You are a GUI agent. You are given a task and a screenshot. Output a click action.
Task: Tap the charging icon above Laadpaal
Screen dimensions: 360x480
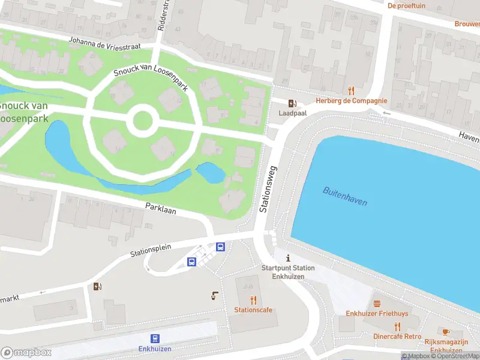tap(292, 103)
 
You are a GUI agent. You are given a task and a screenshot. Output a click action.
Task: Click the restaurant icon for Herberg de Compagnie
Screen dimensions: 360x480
tap(351, 91)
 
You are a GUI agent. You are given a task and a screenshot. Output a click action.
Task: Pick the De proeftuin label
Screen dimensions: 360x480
tap(406, 5)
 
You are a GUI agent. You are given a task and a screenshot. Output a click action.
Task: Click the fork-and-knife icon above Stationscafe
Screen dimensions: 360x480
tap(253, 300)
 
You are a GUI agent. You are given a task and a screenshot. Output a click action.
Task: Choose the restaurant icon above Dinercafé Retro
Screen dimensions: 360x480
tap(397, 327)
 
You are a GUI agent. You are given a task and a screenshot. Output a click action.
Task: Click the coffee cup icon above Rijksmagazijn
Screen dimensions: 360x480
tap(446, 332)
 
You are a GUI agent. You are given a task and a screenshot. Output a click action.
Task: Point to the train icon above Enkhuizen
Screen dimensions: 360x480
tap(155, 338)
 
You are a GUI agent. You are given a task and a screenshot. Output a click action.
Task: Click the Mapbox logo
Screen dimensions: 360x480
tap(26, 352)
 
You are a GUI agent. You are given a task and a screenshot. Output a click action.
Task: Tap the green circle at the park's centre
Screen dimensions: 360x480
tap(142, 121)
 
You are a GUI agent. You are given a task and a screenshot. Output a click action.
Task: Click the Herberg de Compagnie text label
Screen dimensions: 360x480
tap(351, 101)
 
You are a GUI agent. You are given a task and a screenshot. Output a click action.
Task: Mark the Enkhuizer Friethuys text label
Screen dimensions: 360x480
tap(377, 314)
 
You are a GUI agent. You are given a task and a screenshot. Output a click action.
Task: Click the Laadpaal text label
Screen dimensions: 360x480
tap(292, 113)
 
